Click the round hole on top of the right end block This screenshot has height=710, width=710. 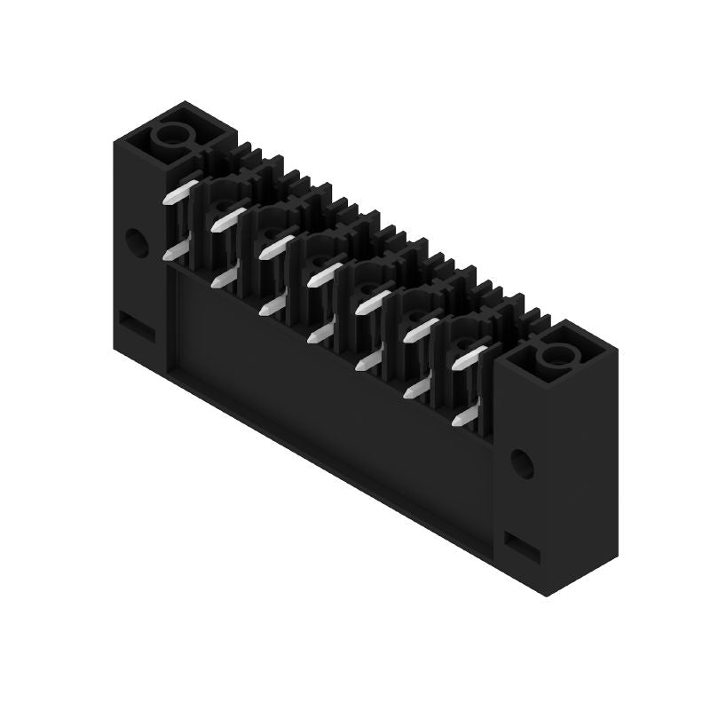[556, 358]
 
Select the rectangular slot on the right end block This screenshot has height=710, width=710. [522, 546]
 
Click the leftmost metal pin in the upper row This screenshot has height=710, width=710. [181, 192]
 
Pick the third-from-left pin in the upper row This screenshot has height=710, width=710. [277, 246]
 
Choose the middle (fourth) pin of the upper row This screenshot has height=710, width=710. [325, 273]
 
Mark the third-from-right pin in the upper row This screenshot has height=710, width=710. [373, 302]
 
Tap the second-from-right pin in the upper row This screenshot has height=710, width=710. [421, 329]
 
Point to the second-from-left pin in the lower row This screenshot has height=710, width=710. [225, 279]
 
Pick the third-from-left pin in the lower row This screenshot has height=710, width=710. [272, 306]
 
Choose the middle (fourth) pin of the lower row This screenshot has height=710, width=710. [320, 334]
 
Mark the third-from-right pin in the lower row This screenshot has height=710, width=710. [368, 362]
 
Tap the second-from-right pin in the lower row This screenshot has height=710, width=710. [416, 389]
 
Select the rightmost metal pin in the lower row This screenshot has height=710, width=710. [464, 417]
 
